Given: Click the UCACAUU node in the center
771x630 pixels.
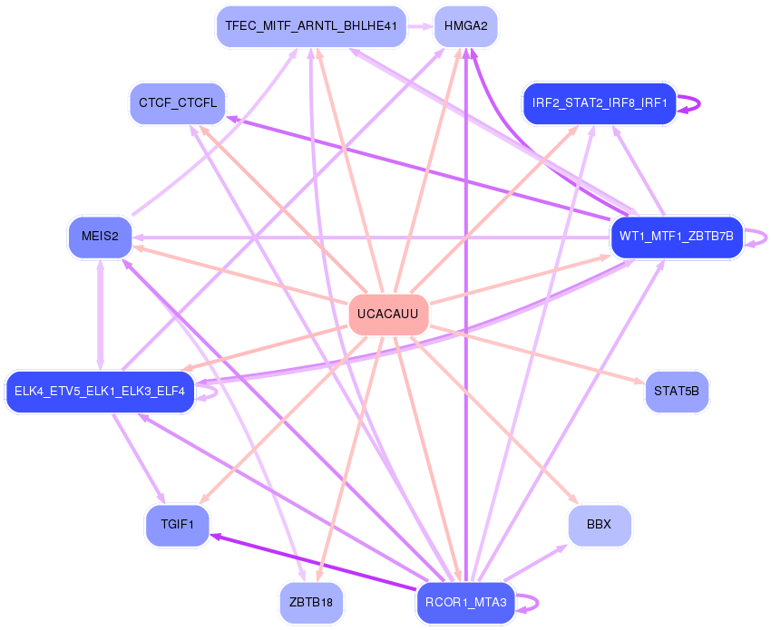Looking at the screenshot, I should [388, 314].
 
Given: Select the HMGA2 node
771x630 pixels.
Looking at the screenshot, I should [466, 26].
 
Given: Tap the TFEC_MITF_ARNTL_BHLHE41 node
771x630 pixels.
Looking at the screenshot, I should [311, 26].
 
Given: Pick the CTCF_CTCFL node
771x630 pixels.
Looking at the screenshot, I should [178, 102].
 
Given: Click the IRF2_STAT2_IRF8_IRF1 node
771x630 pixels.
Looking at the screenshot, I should [600, 103].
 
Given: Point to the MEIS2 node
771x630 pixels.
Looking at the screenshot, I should [100, 237].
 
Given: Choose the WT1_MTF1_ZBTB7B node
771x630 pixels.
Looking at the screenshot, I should [677, 237].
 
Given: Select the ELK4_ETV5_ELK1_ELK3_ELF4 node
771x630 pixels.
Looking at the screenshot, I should [100, 392].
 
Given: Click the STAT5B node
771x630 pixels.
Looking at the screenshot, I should [677, 392].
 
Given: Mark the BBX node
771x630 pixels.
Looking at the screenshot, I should [599, 525].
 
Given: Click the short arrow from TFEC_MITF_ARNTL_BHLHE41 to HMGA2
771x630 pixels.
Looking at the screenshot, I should [418, 26].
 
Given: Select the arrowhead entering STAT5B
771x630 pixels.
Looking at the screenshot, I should [640, 382].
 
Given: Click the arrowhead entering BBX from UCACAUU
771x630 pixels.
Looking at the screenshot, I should [573, 498].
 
